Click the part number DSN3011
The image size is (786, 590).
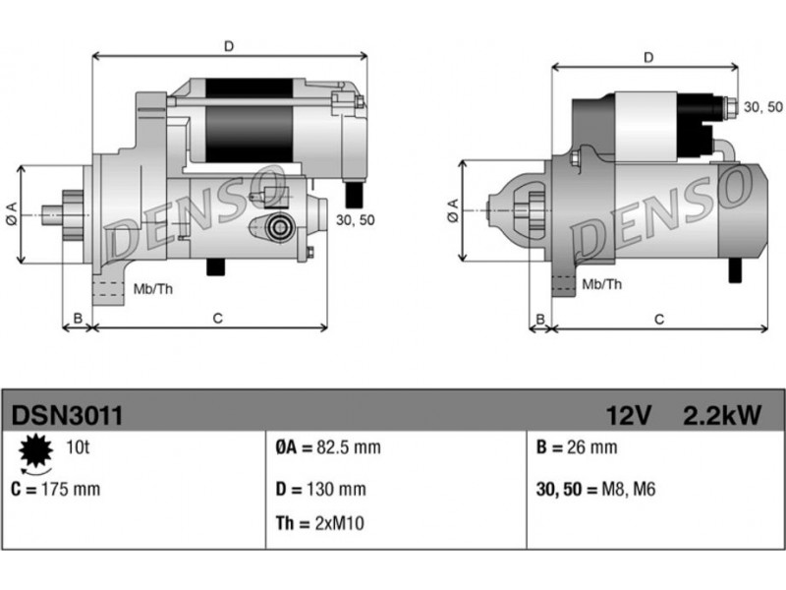pos(67,415)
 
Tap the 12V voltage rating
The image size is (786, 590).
pos(629,415)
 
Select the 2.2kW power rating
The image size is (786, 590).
pos(722,415)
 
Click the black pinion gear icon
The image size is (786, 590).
pos(35,450)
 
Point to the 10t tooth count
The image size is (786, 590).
pos(78,447)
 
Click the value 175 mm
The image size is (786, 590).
pos(71,489)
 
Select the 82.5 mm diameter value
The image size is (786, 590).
pos(349,447)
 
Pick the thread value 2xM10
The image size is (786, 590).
pos(339,523)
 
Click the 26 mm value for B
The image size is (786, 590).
pos(592,447)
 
